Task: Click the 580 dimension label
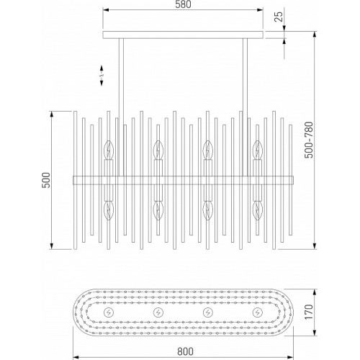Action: click(x=183, y=5)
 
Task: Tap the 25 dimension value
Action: click(x=279, y=17)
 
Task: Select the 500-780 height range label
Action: click(x=309, y=140)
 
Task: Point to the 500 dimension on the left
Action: click(x=46, y=180)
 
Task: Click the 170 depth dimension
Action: click(x=309, y=312)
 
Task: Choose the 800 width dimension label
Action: click(x=185, y=351)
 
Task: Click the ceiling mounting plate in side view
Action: click(x=183, y=35)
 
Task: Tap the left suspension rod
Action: click(x=121, y=107)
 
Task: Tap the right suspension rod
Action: click(x=245, y=107)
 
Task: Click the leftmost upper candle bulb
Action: click(x=109, y=150)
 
